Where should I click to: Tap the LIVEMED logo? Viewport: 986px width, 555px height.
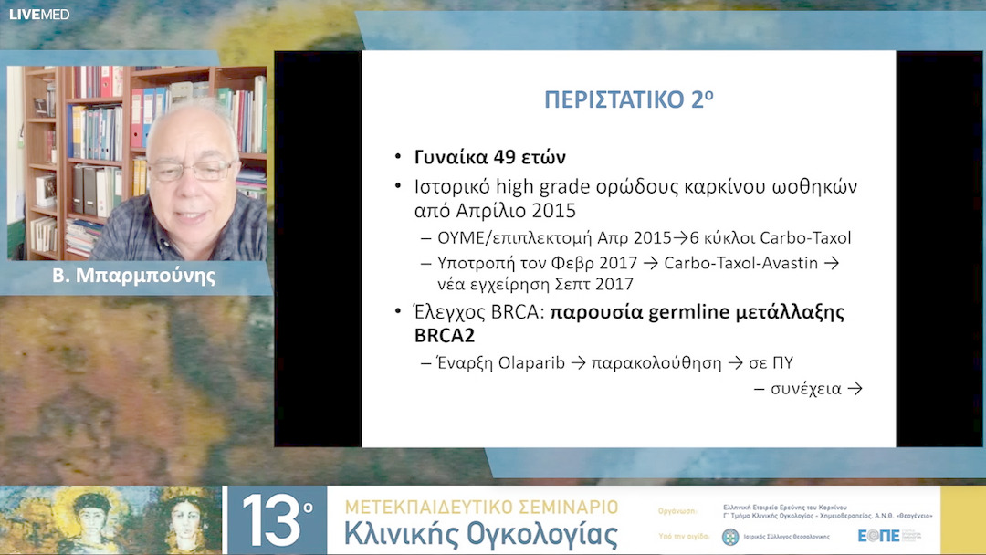[39, 14]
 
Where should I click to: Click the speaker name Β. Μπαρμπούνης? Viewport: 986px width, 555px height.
[134, 275]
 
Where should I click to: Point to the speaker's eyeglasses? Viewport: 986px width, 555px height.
[191, 171]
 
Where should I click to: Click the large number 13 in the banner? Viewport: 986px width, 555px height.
[272, 520]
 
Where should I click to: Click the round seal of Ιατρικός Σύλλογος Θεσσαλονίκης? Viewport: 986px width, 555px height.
[730, 537]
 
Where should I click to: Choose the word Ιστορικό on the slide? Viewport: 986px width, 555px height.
[449, 186]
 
